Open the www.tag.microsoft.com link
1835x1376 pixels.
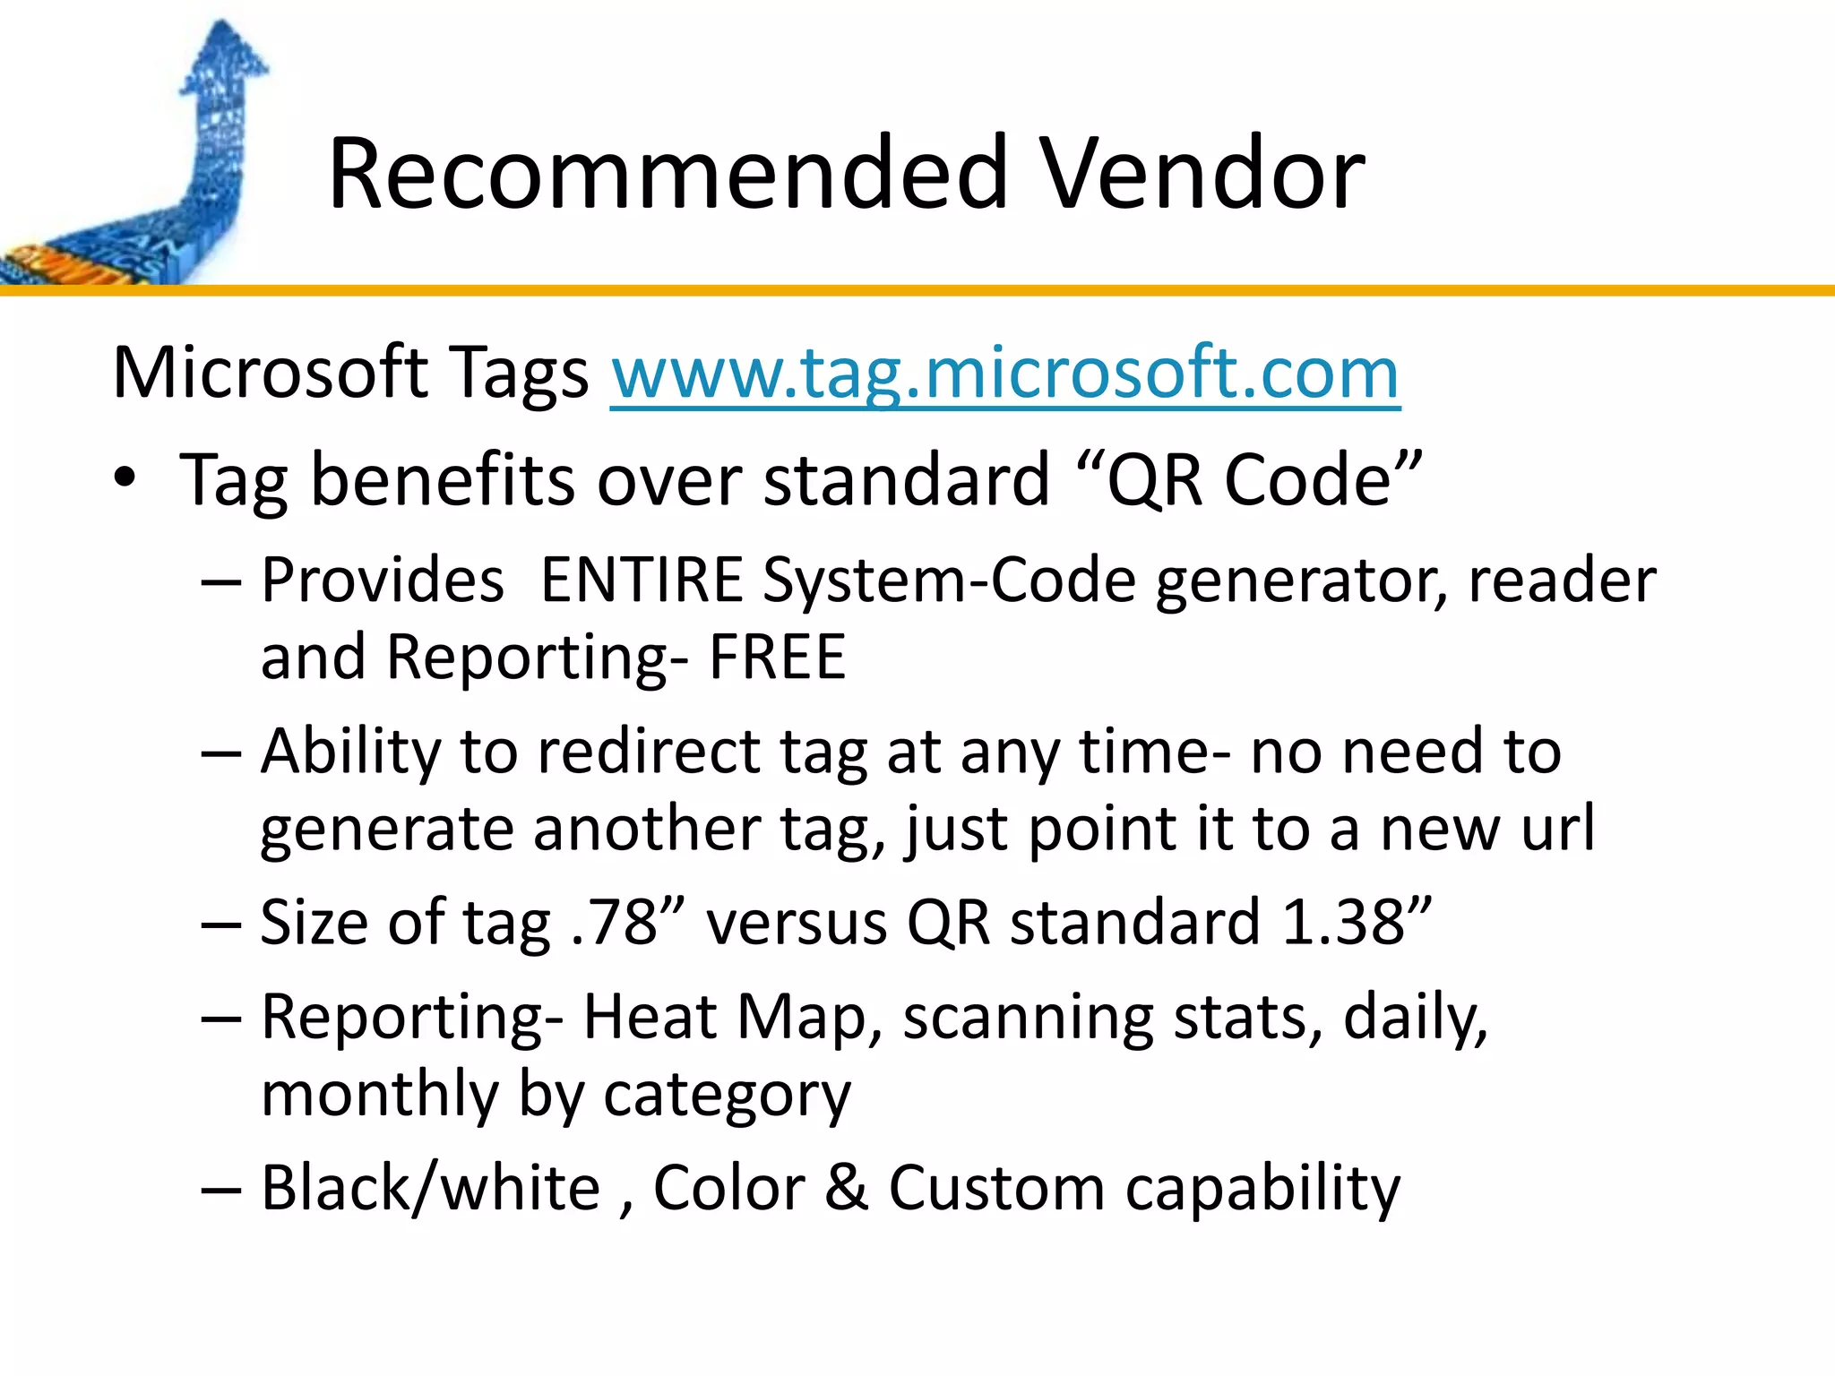[1004, 373]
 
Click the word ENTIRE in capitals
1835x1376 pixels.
[642, 580]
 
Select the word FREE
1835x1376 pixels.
[777, 658]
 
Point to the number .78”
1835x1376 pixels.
[628, 923]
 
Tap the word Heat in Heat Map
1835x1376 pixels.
[650, 1018]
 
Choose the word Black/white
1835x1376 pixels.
[430, 1189]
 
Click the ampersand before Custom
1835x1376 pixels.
[847, 1189]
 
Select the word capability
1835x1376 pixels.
[1262, 1191]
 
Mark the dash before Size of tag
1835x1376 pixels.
[221, 924]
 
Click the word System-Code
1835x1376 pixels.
[950, 580]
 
